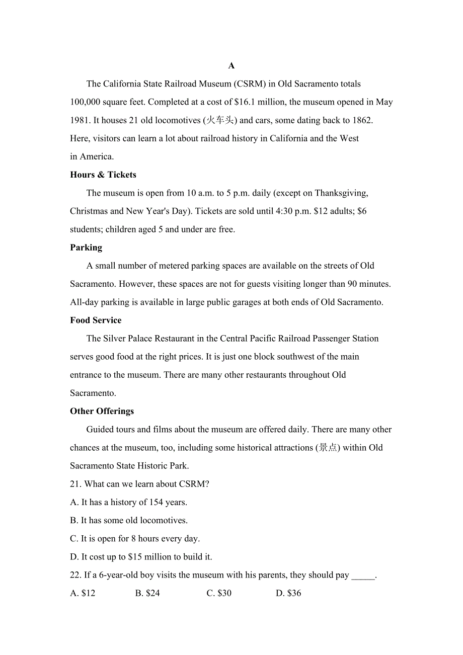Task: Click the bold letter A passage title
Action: pos(232,66)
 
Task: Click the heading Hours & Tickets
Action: pos(103,175)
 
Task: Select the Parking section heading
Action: pos(86,248)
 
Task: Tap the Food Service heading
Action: pos(96,320)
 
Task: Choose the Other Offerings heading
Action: pos(102,412)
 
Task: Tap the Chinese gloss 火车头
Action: pos(219,120)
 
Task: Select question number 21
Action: pos(75,484)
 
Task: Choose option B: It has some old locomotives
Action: pos(129,521)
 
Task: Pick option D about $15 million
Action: pos(141,557)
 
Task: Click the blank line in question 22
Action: pos(363,576)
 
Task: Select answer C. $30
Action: pos(219,594)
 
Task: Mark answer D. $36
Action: pos(288,594)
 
